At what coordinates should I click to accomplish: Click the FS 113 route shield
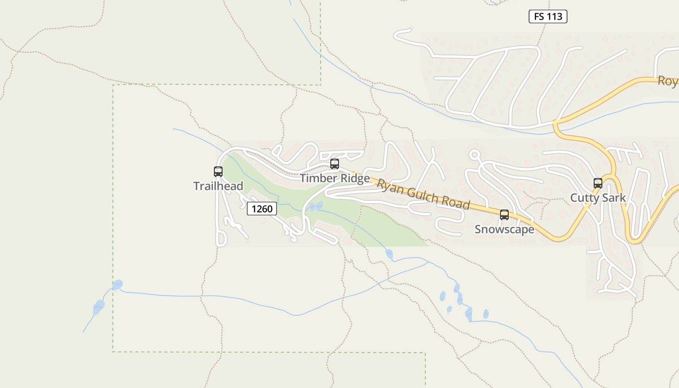(548, 16)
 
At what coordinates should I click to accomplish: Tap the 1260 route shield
(262, 209)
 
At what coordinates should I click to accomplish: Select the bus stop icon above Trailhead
(218, 172)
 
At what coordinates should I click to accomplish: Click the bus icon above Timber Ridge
(335, 164)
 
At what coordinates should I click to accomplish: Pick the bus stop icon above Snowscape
(504, 215)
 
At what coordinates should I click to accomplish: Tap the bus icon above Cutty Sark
(598, 183)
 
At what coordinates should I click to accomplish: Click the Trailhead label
(218, 186)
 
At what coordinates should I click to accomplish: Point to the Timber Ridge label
(335, 178)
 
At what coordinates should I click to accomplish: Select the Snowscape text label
(504, 229)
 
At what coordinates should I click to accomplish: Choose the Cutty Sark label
(598, 198)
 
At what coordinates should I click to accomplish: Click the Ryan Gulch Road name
(423, 195)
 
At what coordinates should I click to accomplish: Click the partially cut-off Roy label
(668, 81)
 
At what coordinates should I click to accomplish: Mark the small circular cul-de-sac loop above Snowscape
(474, 155)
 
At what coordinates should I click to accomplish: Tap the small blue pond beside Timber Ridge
(316, 207)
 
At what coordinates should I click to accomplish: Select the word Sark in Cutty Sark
(613, 198)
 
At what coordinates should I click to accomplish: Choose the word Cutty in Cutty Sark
(584, 198)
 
